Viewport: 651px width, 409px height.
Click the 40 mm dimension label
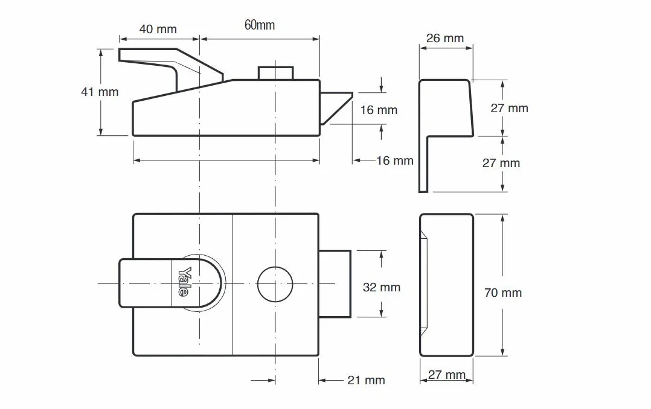tap(158, 29)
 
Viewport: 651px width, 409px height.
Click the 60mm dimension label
tap(260, 25)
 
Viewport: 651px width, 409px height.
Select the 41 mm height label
tap(100, 92)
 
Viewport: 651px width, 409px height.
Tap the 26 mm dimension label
tap(444, 38)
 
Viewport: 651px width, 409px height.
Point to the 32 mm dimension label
tap(381, 287)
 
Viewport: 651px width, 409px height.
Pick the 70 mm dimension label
tap(503, 293)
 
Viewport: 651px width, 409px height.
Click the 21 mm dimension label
tap(366, 380)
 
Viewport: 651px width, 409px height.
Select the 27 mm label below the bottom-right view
tap(446, 375)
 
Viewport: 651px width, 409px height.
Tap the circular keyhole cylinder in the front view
tap(275, 284)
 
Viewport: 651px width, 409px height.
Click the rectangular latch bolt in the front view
tap(335, 284)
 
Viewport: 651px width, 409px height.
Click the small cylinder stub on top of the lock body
tap(275, 73)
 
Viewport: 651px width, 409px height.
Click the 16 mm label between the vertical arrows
tap(379, 110)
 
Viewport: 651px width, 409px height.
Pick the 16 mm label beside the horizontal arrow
tap(394, 160)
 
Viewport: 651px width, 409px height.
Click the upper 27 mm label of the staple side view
tap(509, 108)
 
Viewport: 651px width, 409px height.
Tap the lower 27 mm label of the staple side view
tap(501, 163)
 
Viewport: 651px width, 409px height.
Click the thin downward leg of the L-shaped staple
tap(423, 164)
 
